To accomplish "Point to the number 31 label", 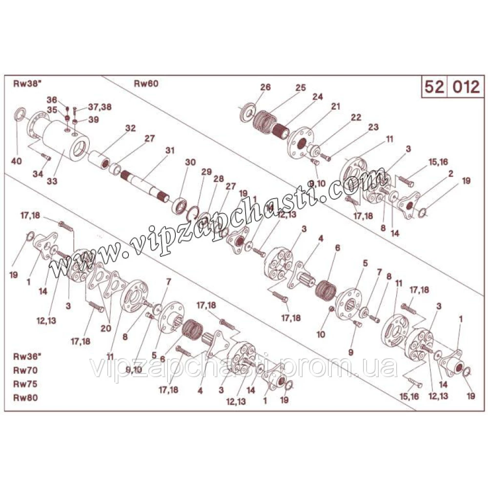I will point(170,150).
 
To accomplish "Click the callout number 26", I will point(265,88).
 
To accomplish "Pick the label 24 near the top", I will point(318,97).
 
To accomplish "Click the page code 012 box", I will point(465,87).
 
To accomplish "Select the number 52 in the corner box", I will point(434,87).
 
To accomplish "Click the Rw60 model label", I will point(146,83).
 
